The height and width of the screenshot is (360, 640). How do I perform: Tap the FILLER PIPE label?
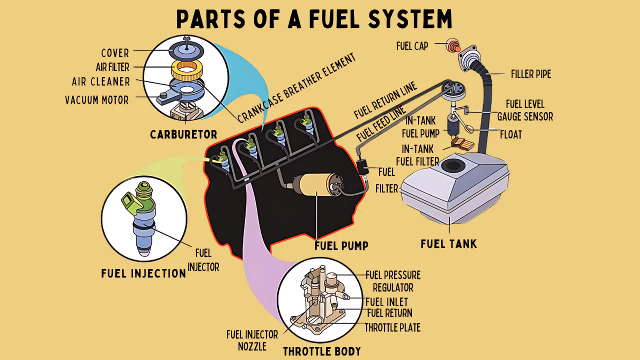tap(531, 74)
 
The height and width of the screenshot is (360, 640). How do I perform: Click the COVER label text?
tap(115, 53)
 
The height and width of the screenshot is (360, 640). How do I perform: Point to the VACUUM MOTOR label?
tap(96, 100)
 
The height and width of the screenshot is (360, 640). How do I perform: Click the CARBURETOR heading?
tap(183, 134)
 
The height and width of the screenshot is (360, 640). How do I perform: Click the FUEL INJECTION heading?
tap(143, 273)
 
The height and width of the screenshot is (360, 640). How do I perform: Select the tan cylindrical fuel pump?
tap(318, 185)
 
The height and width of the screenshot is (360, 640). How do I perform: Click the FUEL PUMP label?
tap(341, 245)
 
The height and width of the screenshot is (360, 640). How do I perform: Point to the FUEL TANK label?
tap(448, 244)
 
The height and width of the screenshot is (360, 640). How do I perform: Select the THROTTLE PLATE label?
tap(392, 327)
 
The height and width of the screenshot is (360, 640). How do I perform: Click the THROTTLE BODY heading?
tap(321, 351)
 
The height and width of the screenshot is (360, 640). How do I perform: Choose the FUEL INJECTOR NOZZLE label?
tap(246, 340)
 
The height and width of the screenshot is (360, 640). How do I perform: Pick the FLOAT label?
tap(511, 134)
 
